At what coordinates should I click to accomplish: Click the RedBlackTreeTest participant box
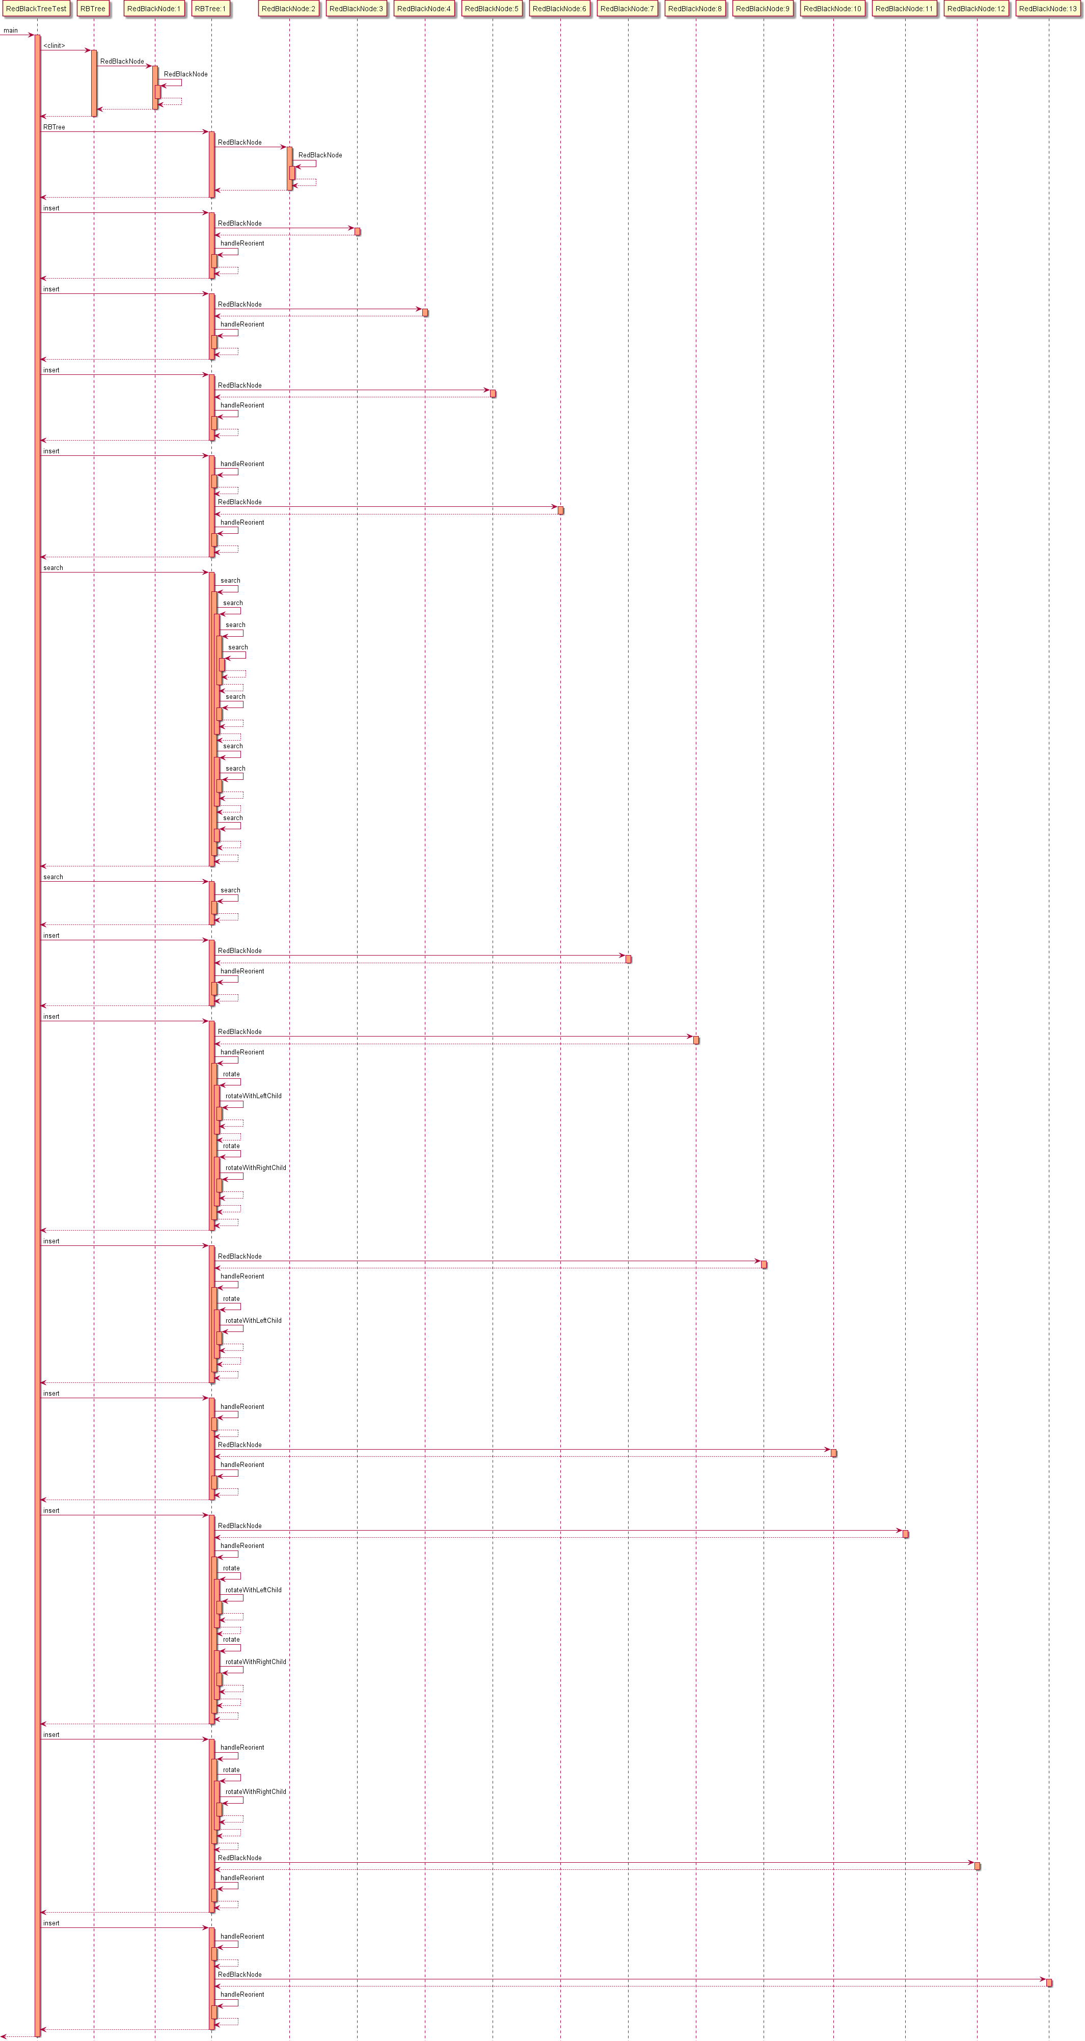coord(37,9)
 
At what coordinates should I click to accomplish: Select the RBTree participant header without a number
coord(93,9)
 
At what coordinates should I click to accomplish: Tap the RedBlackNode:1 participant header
coord(154,9)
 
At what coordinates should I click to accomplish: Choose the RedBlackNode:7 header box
coord(627,9)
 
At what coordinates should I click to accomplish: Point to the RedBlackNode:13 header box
coord(1048,9)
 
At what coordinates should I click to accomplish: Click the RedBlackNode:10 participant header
coord(832,9)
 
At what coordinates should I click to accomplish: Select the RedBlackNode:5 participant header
coord(492,9)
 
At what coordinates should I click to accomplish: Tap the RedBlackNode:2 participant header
coord(288,9)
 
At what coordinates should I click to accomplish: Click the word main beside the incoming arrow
coord(10,30)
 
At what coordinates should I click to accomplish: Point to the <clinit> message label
coord(54,46)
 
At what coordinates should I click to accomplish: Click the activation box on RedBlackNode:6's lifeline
coord(560,510)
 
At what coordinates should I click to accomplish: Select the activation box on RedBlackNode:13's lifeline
coord(1048,1982)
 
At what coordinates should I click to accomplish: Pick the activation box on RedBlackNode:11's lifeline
coord(905,1534)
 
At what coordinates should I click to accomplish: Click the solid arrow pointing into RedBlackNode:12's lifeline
coord(594,1862)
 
